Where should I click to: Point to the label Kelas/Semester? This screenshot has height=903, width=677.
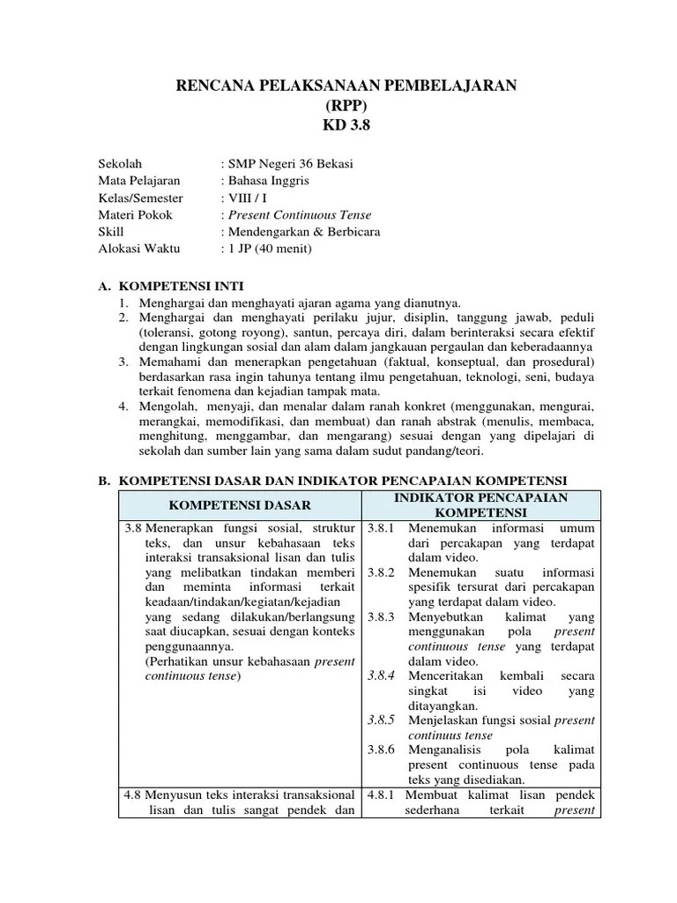(x=140, y=198)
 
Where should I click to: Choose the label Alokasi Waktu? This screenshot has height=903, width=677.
(x=138, y=248)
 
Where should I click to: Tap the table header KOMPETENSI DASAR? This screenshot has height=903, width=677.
(x=240, y=505)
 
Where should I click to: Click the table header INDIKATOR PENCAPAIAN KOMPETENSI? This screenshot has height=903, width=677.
(x=480, y=505)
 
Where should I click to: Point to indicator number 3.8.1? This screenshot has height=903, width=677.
(x=383, y=527)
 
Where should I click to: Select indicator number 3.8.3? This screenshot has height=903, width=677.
(x=383, y=617)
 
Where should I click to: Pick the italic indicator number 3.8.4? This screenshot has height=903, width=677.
(x=383, y=675)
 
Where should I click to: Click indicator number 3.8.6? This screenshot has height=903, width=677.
(x=383, y=749)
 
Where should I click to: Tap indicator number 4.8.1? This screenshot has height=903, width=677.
(x=383, y=795)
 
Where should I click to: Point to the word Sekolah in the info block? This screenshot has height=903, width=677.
(x=120, y=164)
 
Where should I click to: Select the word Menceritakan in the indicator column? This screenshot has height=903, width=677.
(x=446, y=675)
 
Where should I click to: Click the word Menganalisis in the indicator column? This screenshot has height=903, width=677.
(x=445, y=749)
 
